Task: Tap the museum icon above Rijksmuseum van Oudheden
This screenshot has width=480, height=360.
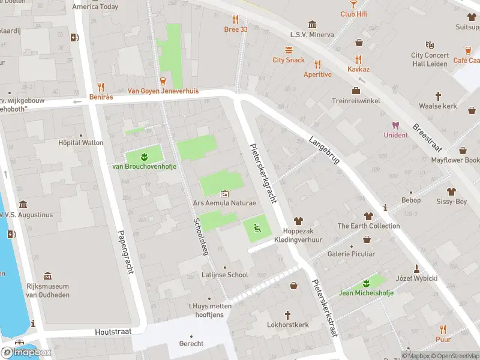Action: pos(47,277)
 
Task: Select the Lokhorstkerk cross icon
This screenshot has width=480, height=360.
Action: pos(287,315)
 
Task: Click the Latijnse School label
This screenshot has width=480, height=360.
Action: pos(225,275)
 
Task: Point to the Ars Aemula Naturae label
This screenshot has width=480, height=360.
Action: pos(224,203)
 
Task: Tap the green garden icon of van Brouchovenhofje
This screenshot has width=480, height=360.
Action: pos(144,157)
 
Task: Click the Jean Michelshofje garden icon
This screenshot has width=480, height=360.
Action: pos(366,283)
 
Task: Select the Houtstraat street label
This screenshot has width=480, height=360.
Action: pos(112,332)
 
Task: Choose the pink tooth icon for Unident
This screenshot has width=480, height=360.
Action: pos(395,125)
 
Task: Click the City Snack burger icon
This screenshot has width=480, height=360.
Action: pos(289,50)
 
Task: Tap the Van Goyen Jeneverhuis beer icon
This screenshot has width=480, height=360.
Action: pos(163,81)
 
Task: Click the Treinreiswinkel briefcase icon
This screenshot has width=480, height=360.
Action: pos(356,91)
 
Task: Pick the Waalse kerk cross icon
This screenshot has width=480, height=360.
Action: pos(438,96)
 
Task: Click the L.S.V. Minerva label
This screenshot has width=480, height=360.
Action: pos(312,35)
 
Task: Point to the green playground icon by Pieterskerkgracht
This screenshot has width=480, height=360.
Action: pos(257,227)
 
